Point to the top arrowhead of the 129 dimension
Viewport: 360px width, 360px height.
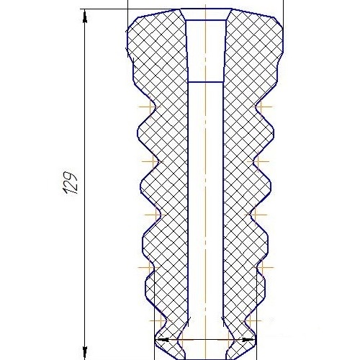[x=85, y=16]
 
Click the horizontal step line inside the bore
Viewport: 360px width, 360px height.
[x=206, y=82]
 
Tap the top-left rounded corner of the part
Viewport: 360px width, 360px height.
[x=132, y=26]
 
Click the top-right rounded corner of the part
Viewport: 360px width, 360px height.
[x=279, y=26]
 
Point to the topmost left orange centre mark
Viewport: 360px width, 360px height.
[x=149, y=107]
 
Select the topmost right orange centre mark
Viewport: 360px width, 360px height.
[x=264, y=107]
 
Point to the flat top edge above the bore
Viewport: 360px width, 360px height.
[x=206, y=9]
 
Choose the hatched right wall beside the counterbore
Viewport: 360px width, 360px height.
[x=252, y=50]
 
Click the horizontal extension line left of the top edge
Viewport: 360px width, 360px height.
[x=108, y=9]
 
